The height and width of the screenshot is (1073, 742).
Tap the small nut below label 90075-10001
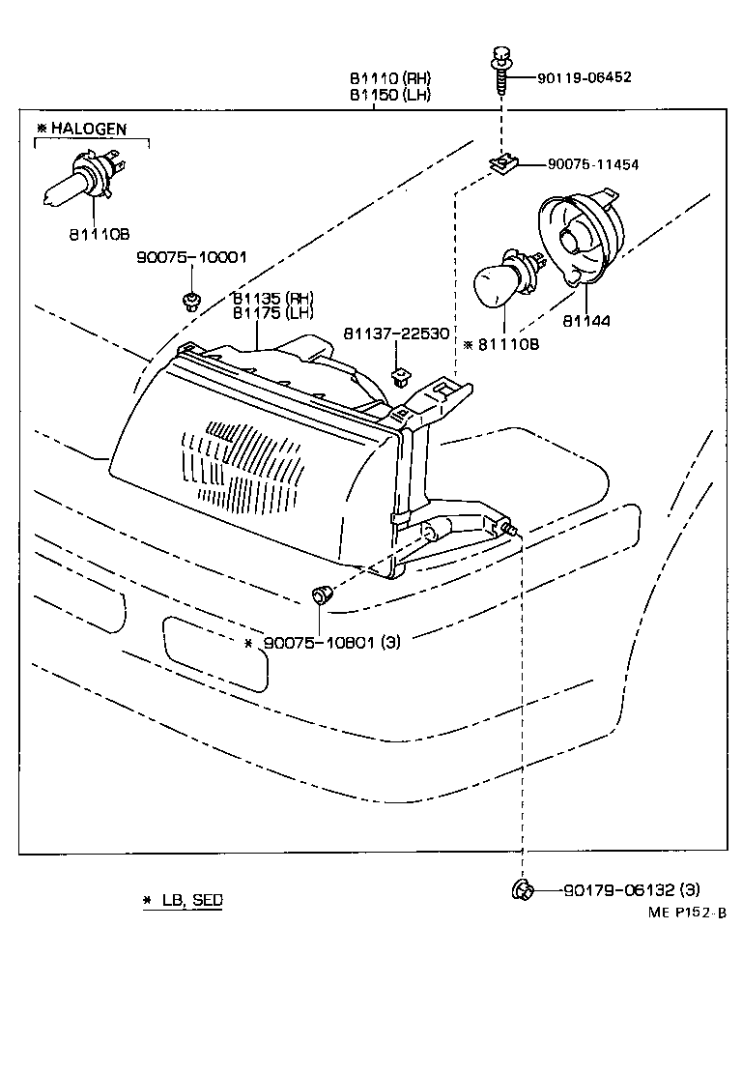click(191, 301)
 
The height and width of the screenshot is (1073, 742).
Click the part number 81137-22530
click(396, 333)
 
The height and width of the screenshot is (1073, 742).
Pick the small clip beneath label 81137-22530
click(398, 374)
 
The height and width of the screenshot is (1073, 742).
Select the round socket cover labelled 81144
click(580, 238)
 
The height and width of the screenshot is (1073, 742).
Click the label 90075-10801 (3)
click(331, 643)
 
